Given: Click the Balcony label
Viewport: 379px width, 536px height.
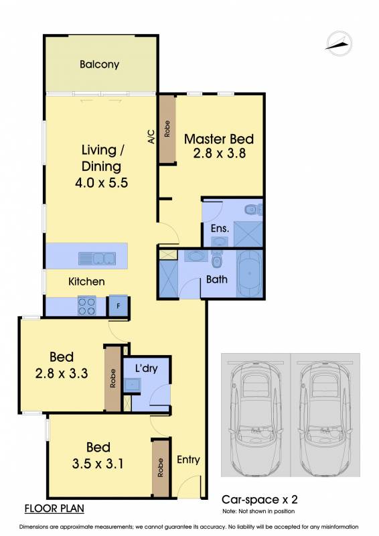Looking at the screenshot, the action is pyautogui.click(x=100, y=64).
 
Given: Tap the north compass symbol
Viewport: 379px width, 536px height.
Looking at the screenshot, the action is pyautogui.click(x=339, y=44).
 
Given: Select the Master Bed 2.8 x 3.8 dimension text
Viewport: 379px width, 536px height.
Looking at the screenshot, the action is pyautogui.click(x=219, y=153).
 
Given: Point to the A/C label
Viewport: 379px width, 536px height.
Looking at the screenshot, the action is pyautogui.click(x=151, y=137).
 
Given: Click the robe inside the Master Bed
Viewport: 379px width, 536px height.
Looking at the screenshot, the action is pyautogui.click(x=167, y=129).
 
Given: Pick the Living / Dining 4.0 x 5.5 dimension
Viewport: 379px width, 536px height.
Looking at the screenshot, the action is pyautogui.click(x=101, y=182).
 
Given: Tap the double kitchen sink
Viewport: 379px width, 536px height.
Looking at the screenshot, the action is pyautogui.click(x=97, y=259).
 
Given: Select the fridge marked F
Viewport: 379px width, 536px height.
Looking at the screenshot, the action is pyautogui.click(x=118, y=306).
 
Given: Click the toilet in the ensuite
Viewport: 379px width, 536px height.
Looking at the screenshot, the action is pyautogui.click(x=254, y=209).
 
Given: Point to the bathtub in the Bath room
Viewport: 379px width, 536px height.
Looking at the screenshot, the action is pyautogui.click(x=250, y=274).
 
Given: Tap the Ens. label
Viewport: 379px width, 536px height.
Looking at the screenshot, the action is pyautogui.click(x=220, y=228).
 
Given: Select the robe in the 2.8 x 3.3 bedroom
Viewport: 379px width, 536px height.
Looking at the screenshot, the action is pyautogui.click(x=112, y=379).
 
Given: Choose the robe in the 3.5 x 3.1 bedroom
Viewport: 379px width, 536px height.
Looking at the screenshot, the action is pyautogui.click(x=161, y=468).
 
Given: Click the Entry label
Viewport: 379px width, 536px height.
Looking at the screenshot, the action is pyautogui.click(x=188, y=460).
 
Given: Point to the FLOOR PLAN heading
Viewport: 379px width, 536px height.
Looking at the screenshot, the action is pyautogui.click(x=54, y=509).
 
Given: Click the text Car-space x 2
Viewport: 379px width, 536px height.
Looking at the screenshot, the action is pyautogui.click(x=260, y=500).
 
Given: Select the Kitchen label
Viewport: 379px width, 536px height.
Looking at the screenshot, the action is pyautogui.click(x=86, y=281).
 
